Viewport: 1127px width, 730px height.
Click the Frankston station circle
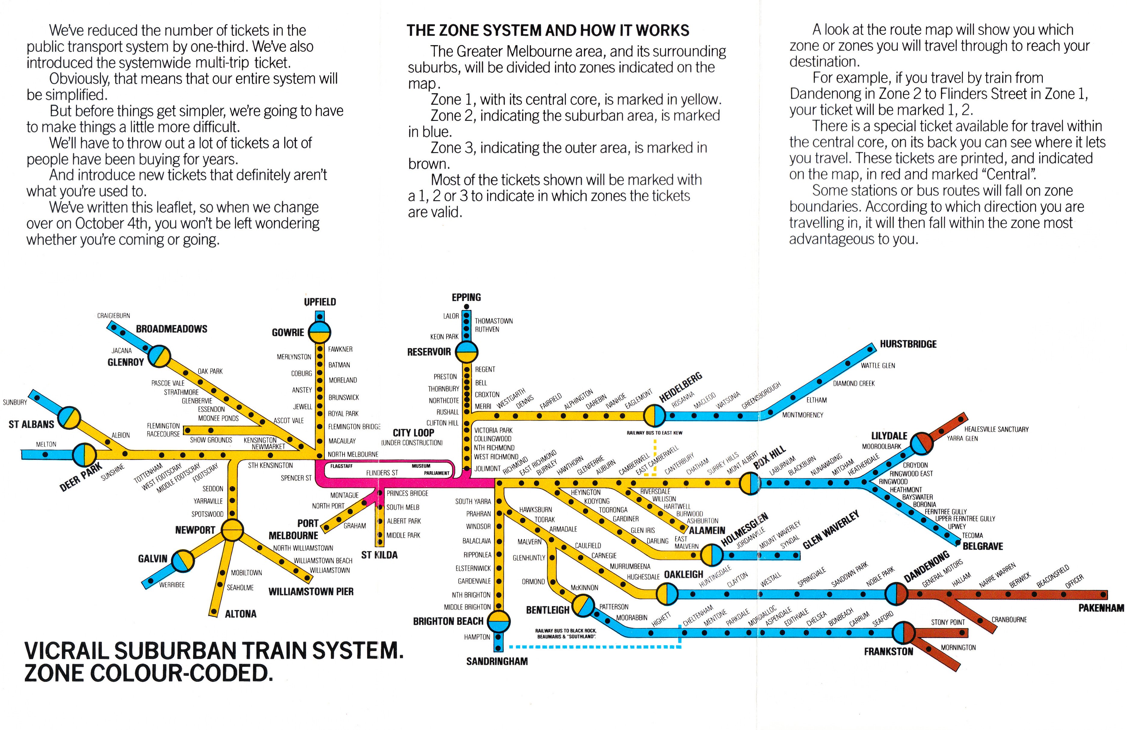904,633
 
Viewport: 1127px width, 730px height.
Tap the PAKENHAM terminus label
1101,608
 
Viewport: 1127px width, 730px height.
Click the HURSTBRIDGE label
908,344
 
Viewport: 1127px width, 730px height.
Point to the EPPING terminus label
466,297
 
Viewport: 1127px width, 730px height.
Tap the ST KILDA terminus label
379,555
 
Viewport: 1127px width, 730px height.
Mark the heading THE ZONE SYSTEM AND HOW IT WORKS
548,31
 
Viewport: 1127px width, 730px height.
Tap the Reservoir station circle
466,352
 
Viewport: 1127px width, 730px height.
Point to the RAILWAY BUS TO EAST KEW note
654,433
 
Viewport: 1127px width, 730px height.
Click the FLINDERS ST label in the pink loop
382,473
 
